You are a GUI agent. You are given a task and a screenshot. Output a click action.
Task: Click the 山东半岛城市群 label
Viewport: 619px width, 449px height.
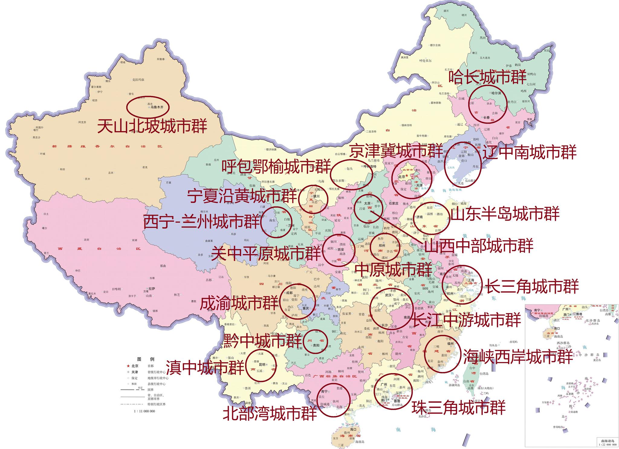(x=505, y=214)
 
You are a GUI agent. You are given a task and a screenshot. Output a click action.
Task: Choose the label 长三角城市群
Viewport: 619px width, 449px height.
(x=532, y=286)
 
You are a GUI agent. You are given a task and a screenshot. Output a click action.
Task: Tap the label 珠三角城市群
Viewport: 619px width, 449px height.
(x=459, y=408)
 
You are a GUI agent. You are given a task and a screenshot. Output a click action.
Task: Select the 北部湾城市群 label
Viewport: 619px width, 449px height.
(x=270, y=414)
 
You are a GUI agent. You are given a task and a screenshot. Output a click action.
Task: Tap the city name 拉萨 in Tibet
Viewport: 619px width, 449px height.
(x=151, y=289)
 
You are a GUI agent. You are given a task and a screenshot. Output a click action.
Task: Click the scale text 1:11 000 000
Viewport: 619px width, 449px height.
(x=144, y=411)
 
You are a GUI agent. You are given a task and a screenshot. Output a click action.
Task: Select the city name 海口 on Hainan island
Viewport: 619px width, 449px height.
(x=353, y=429)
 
